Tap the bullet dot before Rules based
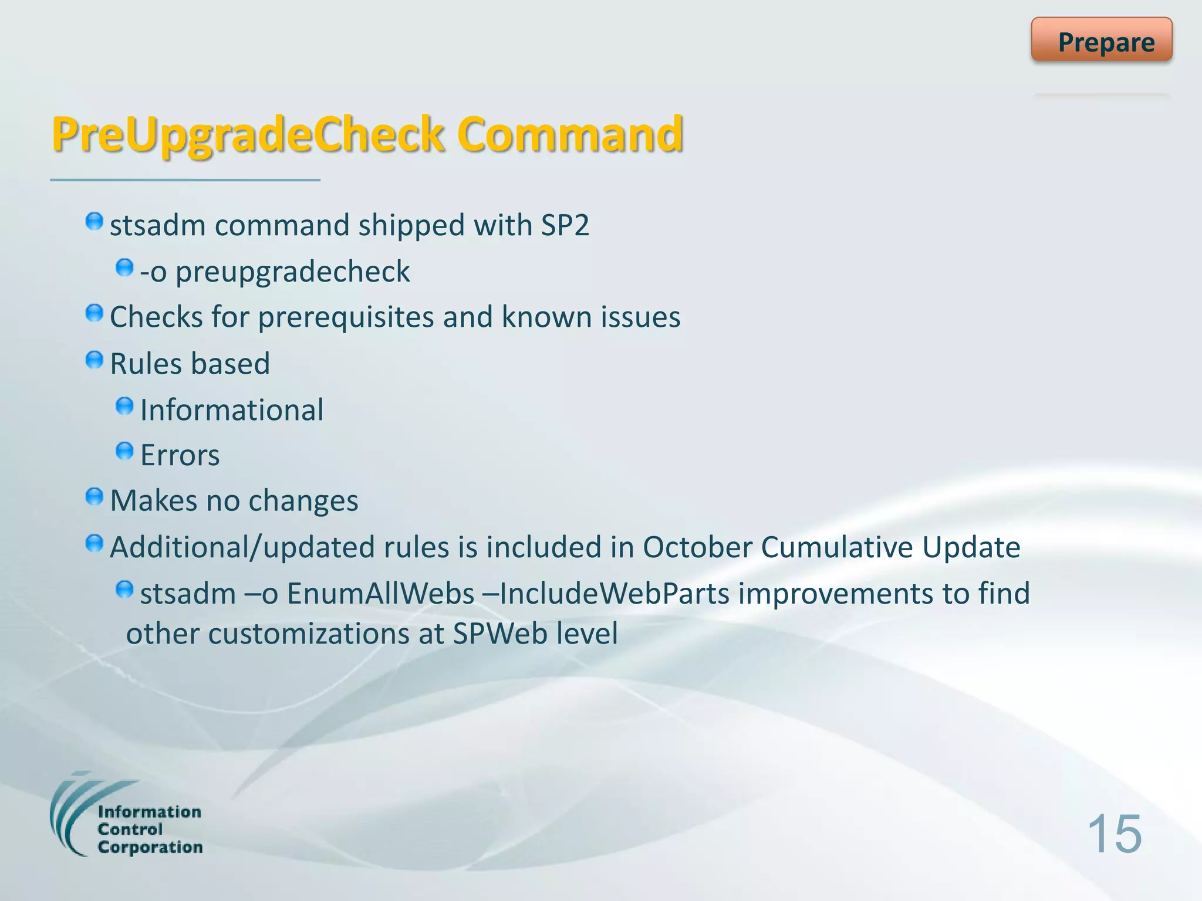point(94,360)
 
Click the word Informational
point(232,409)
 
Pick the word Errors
point(180,455)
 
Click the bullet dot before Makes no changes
point(94,497)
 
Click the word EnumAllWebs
point(380,594)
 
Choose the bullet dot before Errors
point(124,451)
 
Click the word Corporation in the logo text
point(150,848)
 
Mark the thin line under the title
point(185,180)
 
